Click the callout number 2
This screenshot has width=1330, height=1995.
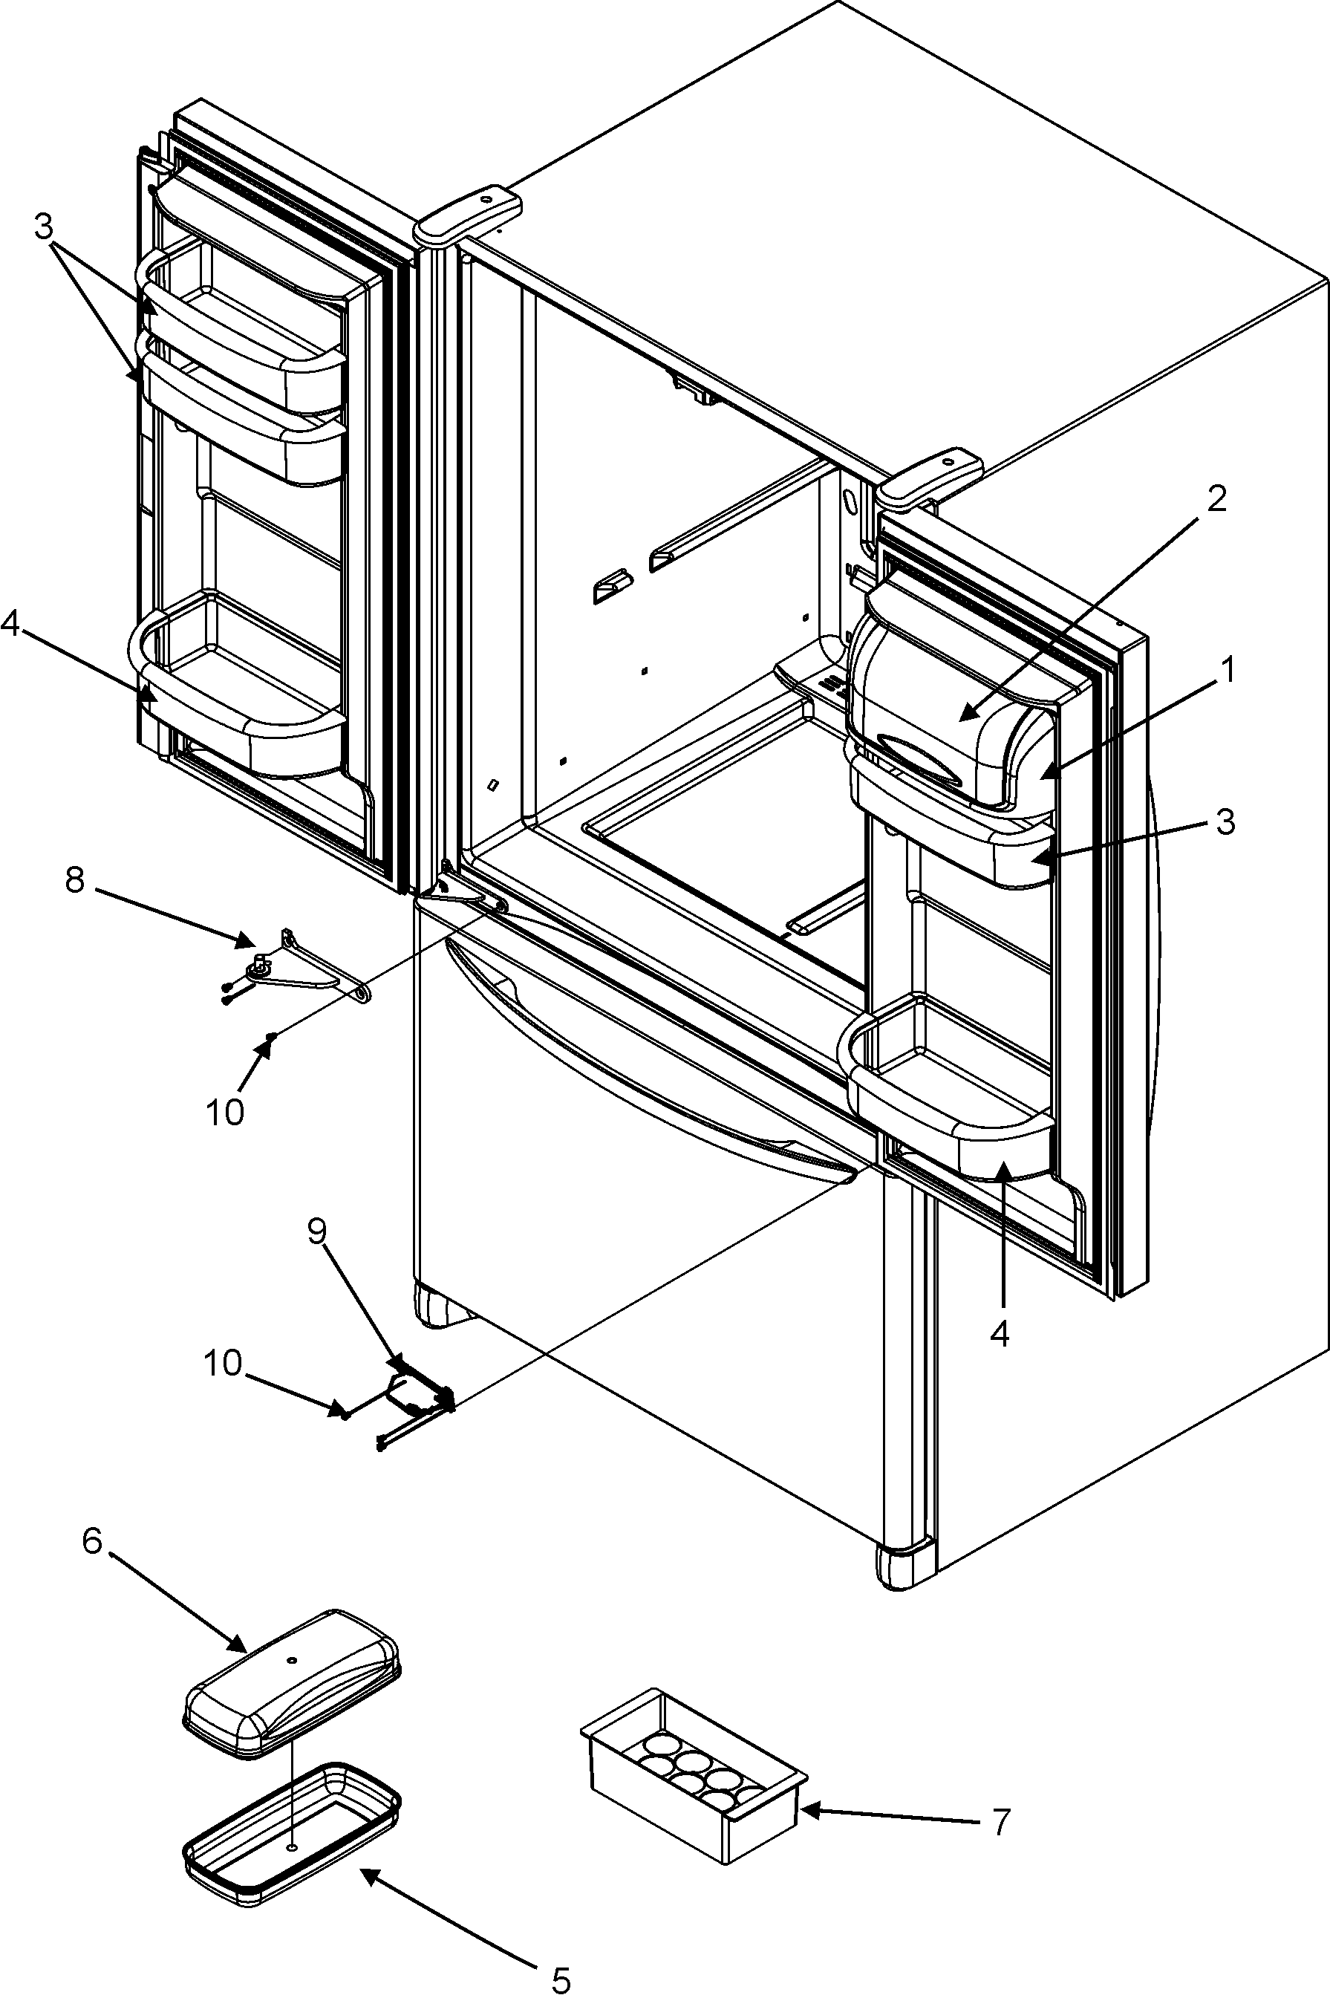point(1216,499)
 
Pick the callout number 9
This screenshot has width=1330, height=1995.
point(316,1230)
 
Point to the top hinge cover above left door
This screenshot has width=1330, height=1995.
point(469,215)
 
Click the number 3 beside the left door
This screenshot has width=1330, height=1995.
point(43,227)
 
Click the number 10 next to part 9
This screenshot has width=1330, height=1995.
point(222,1364)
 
